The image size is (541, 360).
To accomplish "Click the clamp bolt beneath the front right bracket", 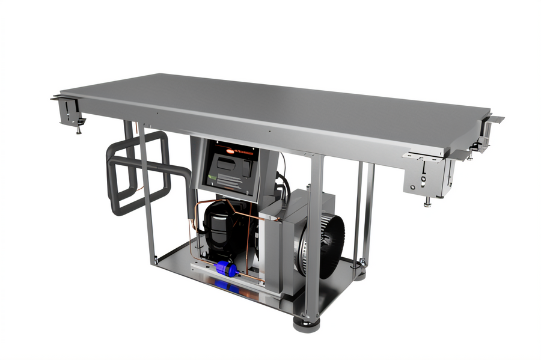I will coord(427,201).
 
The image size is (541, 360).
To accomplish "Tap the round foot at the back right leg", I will coord(360,276).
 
